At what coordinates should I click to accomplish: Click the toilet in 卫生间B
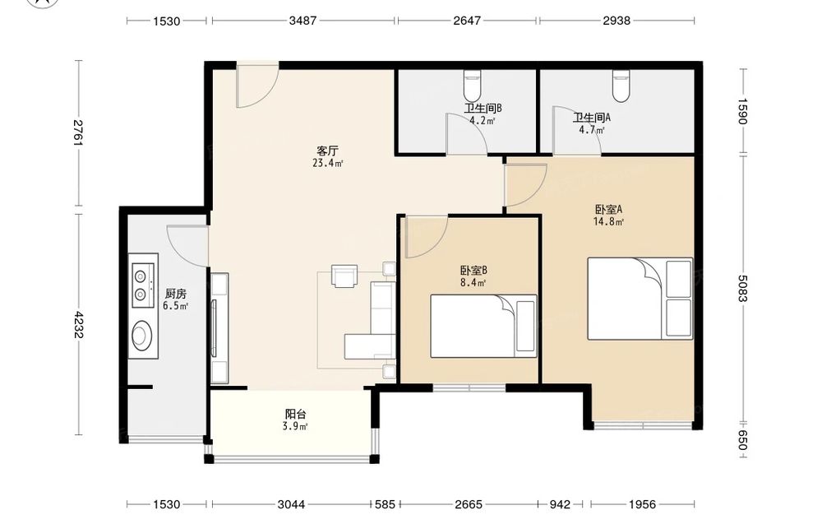[472, 85]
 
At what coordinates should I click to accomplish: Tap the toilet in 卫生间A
[621, 86]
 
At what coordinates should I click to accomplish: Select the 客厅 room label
[327, 151]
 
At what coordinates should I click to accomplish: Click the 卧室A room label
[608, 209]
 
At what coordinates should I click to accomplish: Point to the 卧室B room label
[473, 271]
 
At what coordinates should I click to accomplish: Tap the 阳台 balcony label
[295, 415]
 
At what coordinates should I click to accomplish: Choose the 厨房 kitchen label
[176, 294]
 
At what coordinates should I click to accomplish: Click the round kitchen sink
[141, 336]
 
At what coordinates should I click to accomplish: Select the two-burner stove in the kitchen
[142, 285]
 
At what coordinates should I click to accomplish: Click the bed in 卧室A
[640, 299]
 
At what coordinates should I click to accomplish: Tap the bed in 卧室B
[483, 327]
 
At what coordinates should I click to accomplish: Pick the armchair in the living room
[344, 276]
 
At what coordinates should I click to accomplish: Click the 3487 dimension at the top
[302, 21]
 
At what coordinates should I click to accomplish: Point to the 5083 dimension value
[742, 289]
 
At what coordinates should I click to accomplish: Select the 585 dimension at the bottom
[386, 504]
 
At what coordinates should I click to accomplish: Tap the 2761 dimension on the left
[79, 133]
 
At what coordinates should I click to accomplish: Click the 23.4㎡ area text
[328, 163]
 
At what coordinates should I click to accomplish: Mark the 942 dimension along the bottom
[560, 504]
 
